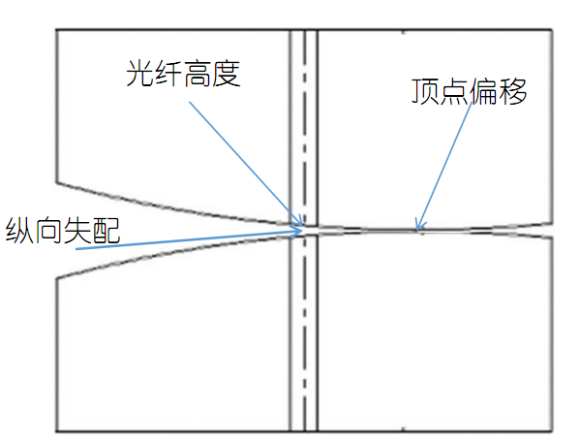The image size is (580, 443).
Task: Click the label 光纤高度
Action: click(183, 74)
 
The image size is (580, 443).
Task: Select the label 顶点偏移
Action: click(469, 91)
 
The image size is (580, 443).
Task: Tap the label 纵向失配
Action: click(63, 230)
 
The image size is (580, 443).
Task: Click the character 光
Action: click(140, 74)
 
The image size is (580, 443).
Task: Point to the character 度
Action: click(227, 74)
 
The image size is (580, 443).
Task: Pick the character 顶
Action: click(425, 91)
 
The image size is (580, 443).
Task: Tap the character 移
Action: click(513, 91)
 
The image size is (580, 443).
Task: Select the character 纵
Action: click(19, 230)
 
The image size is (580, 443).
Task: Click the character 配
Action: click(107, 230)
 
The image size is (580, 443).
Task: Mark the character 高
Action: click(198, 74)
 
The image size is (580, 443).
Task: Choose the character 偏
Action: click(484, 91)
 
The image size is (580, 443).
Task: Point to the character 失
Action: click(77, 230)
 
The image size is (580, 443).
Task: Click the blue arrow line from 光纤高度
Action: click(246, 164)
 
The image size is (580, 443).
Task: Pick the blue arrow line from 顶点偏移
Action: click(443, 167)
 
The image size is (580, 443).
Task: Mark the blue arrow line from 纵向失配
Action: click(189, 240)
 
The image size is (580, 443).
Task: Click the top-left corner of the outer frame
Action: click(56, 30)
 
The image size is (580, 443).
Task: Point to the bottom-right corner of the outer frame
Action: click(552, 431)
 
